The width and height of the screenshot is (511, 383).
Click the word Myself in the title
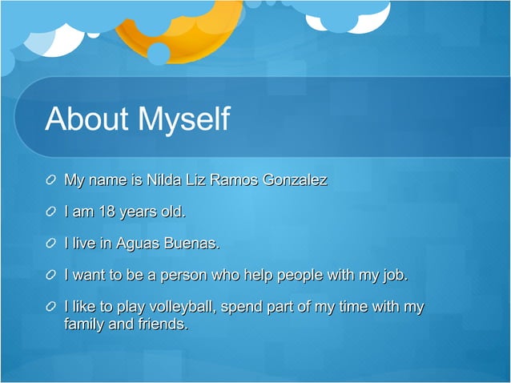tap(184, 120)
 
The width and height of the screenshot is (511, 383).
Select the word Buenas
tap(191, 244)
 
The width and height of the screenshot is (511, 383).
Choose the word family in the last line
tap(84, 325)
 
